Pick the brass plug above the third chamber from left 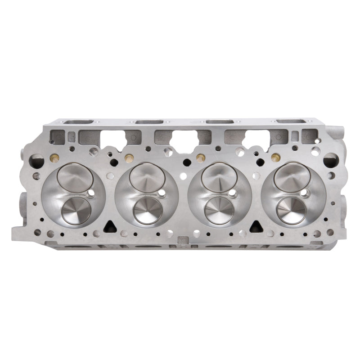(x=199, y=157)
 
